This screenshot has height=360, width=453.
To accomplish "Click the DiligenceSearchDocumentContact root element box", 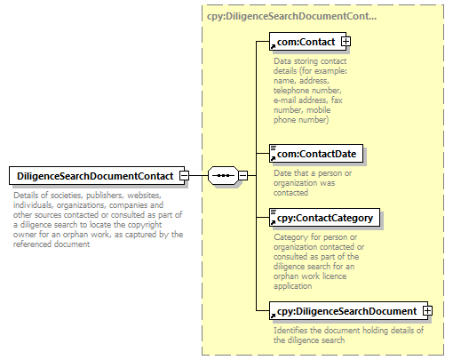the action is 97,176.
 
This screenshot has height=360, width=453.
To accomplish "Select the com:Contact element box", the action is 307,42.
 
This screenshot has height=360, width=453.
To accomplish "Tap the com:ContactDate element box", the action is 316,154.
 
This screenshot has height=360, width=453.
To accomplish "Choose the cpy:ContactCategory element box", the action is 324,218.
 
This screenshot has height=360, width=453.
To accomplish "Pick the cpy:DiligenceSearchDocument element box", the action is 348,311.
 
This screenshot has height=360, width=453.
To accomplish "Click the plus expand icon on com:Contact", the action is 346,42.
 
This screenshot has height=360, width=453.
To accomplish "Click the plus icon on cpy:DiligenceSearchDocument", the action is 427,311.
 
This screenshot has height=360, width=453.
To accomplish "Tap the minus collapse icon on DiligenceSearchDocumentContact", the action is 184,176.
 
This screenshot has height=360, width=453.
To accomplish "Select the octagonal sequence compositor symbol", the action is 223,176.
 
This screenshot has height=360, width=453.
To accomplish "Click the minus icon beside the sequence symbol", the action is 242,176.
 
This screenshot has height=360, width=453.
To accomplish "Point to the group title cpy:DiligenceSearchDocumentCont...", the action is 291,16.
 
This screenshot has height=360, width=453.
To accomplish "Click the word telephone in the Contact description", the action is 291,91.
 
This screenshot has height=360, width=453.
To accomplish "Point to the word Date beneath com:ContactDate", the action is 282,173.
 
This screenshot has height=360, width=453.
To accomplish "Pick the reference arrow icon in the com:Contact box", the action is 273,46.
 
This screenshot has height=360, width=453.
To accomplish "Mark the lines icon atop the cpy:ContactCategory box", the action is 274,212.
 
